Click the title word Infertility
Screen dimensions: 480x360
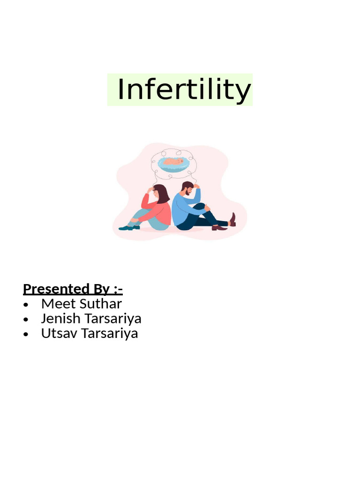(x=184, y=90)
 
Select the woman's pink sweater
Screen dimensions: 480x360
(x=159, y=211)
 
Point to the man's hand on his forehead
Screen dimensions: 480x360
(x=196, y=186)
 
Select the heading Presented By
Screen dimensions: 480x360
(x=73, y=288)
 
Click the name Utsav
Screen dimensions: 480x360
(x=58, y=333)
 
